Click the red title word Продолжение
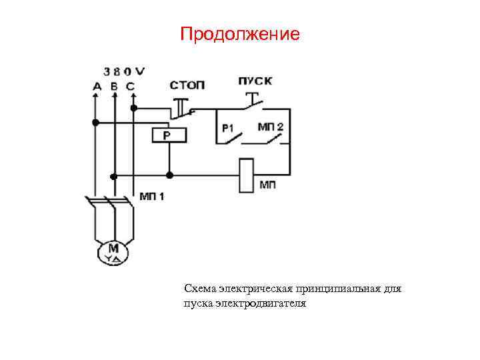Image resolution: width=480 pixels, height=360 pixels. tap(240, 34)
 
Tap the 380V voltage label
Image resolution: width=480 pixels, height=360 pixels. tap(125, 71)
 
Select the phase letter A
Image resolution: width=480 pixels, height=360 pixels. tap(97, 86)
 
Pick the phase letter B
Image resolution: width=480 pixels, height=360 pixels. tap(114, 86)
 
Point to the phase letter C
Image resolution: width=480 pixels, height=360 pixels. tap(129, 86)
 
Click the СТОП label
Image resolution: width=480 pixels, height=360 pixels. tap(187, 85)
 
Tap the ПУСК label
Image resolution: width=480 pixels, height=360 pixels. tap(255, 81)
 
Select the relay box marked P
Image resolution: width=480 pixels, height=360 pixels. tap(169, 135)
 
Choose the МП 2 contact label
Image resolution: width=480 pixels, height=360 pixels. tap(271, 126)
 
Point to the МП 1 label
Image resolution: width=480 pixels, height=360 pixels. tap(153, 196)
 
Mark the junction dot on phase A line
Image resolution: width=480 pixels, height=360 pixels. tap(96, 123)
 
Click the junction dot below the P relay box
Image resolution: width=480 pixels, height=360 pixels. tap(169, 175)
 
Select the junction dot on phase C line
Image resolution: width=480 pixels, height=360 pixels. tap(134, 107)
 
